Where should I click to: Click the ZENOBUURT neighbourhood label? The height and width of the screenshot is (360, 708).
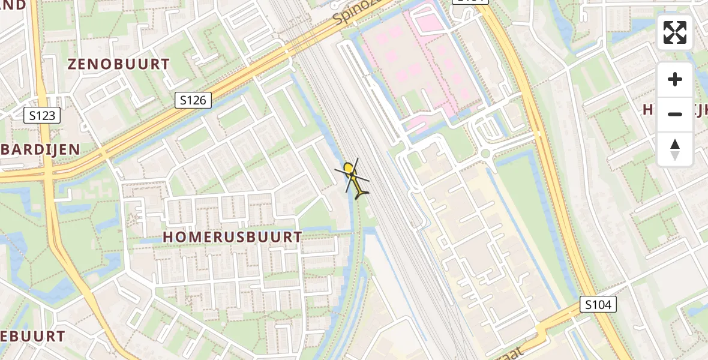(x=119, y=64)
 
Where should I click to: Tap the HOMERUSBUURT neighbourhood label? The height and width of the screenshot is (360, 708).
(x=232, y=237)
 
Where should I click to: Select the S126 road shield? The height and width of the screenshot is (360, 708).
(x=194, y=100)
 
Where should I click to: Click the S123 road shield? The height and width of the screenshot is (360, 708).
(x=43, y=115)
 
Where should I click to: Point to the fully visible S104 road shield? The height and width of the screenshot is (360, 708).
(x=599, y=305)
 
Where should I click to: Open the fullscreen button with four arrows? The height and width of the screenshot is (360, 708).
(x=675, y=32)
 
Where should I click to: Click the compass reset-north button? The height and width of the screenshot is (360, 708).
(x=675, y=149)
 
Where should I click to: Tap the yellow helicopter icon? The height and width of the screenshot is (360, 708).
(x=355, y=180)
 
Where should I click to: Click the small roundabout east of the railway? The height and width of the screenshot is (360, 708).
(x=485, y=153)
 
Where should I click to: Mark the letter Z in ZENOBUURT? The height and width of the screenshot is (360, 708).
(x=72, y=64)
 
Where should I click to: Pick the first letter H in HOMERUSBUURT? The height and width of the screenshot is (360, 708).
(x=167, y=238)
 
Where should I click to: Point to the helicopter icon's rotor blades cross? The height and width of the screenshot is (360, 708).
(x=352, y=175)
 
